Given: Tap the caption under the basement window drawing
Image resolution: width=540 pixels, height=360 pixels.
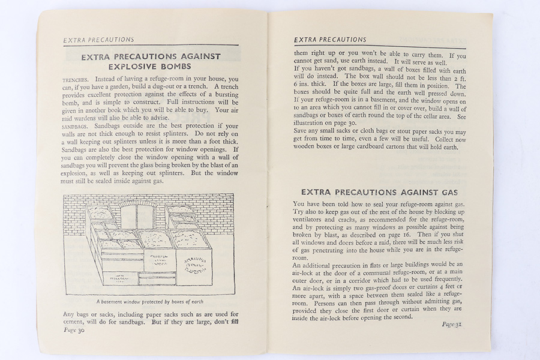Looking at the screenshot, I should click(150, 301).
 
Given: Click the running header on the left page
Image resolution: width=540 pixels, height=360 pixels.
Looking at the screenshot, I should click(99, 40).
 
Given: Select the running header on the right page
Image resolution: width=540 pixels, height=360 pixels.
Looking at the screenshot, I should click(330, 40).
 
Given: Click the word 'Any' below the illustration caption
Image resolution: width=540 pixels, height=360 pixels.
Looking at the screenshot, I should click(70, 314).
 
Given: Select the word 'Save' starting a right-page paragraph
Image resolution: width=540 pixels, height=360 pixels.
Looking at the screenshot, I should click(301, 131).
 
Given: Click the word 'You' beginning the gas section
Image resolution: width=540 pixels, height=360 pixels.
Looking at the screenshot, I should click(299, 205).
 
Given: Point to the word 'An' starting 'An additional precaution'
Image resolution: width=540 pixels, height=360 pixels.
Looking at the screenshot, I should click(297, 264).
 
